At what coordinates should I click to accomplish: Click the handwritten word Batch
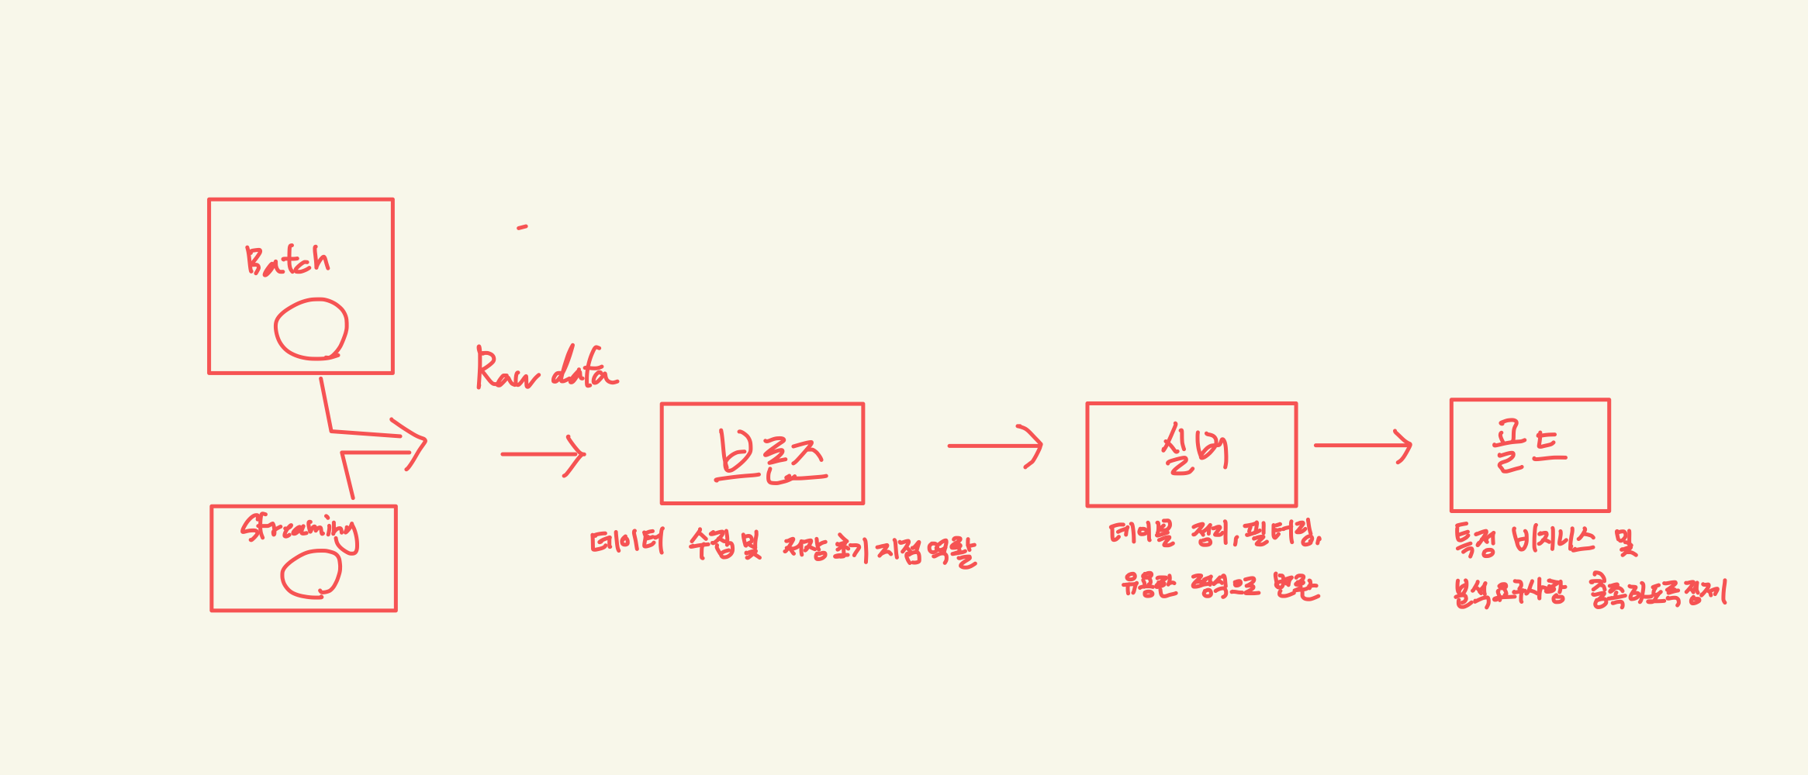pos(287,261)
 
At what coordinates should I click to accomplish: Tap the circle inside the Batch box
pos(311,329)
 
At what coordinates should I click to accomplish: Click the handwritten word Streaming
pos(299,531)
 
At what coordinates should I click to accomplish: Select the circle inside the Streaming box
pos(311,575)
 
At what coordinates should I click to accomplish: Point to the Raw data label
pos(547,369)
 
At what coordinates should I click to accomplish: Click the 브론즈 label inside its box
pos(769,457)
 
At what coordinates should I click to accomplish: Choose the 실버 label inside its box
pos(1194,450)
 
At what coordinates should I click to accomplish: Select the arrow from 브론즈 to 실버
pos(995,446)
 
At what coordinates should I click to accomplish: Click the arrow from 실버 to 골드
pos(1363,446)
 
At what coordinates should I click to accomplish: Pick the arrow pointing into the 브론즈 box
pos(543,455)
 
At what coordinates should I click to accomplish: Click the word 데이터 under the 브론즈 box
pos(627,542)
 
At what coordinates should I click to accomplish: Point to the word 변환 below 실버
pos(1296,586)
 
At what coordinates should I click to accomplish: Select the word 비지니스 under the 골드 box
pos(1554,540)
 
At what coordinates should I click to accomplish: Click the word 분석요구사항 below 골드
pos(1509,593)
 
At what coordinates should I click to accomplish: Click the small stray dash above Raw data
pos(523,227)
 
